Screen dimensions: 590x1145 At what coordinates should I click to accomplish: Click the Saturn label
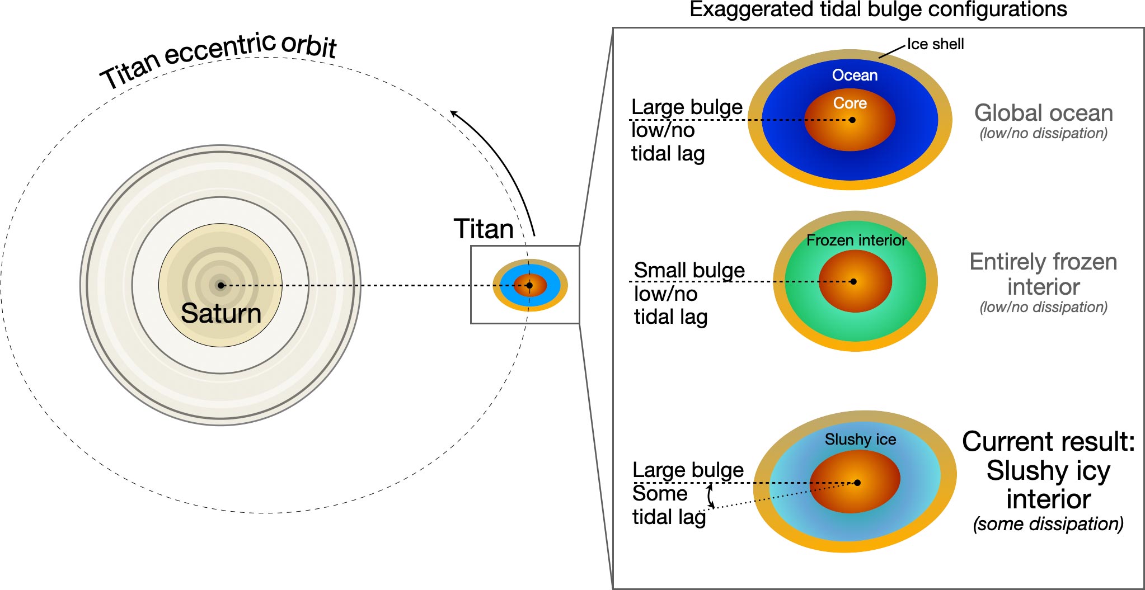point(221,313)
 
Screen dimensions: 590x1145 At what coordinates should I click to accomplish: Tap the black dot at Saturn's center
point(221,285)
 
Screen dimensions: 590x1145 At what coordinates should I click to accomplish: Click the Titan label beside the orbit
point(484,229)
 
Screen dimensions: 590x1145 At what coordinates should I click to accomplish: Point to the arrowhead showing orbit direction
point(454,114)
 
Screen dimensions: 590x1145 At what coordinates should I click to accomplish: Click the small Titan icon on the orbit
point(530,285)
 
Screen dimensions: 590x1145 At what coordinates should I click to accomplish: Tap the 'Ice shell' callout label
point(935,44)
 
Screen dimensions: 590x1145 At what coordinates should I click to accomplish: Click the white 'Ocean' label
point(855,75)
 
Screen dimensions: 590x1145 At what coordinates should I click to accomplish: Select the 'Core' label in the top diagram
point(850,103)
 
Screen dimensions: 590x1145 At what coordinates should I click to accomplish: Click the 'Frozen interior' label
point(856,240)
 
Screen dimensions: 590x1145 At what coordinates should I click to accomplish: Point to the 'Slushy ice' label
point(860,440)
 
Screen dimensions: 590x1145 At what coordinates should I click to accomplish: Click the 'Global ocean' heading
point(1043,113)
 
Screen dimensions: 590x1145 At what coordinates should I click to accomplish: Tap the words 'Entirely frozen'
point(1043,262)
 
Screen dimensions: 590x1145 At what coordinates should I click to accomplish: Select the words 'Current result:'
point(1048,441)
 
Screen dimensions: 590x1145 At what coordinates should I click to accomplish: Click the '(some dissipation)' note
point(1048,524)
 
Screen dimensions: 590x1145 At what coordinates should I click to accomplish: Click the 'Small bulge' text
point(689,270)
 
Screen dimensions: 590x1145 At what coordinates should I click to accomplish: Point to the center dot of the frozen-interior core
point(853,281)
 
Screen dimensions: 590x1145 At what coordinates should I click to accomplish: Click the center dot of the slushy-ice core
point(857,483)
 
